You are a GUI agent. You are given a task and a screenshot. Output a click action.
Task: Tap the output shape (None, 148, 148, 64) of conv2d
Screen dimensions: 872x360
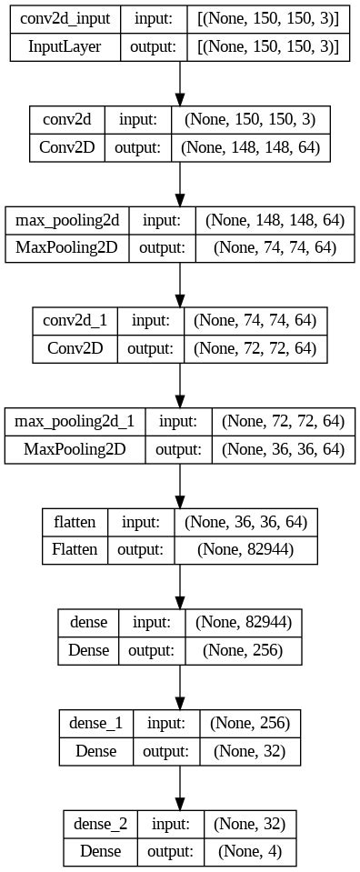point(251,146)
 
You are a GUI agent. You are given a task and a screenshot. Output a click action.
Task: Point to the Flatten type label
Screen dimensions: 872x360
point(75,548)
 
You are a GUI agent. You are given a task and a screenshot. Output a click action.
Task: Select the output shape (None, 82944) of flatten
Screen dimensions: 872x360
point(245,548)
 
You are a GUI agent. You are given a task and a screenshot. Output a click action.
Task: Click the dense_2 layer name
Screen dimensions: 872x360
point(101,823)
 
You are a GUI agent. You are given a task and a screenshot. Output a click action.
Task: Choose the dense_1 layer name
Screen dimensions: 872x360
point(95,723)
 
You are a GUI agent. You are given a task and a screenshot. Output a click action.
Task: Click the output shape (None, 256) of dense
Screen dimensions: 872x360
point(242,649)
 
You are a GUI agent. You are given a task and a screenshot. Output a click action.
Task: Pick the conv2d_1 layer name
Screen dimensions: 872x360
point(75,321)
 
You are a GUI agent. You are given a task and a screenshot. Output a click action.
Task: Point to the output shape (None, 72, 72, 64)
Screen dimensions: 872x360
point(254,347)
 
